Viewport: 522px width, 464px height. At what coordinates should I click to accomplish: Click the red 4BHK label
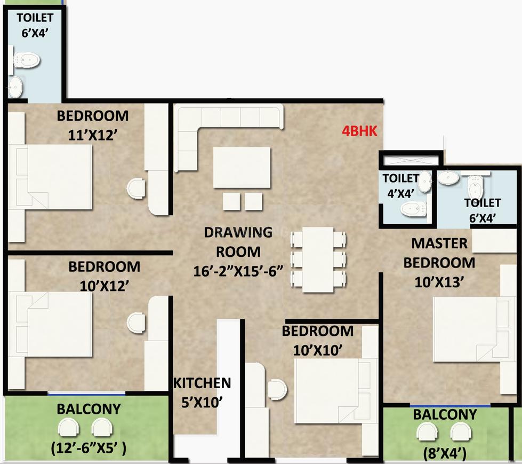coord(360,131)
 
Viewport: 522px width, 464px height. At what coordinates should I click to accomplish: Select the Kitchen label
coord(202,383)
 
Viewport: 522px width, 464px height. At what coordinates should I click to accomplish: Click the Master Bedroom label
coord(439,253)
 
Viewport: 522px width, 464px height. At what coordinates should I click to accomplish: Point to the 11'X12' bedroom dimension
coord(93,135)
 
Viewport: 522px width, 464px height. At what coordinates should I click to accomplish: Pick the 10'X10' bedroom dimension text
coord(318,350)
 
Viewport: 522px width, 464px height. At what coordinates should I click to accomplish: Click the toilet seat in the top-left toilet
coord(27,60)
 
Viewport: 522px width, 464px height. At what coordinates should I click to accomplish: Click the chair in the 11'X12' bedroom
coord(136,188)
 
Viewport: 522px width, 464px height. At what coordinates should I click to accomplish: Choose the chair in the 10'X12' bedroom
coord(136,323)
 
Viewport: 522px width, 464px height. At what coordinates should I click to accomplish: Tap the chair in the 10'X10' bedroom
coord(277,389)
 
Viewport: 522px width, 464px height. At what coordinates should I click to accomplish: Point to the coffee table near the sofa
coord(242,168)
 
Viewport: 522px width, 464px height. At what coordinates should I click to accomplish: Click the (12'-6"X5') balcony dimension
coord(89,448)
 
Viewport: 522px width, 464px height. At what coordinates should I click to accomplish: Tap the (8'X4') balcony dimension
coord(445,454)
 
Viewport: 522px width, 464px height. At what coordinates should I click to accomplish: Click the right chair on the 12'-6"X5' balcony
coord(102,427)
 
